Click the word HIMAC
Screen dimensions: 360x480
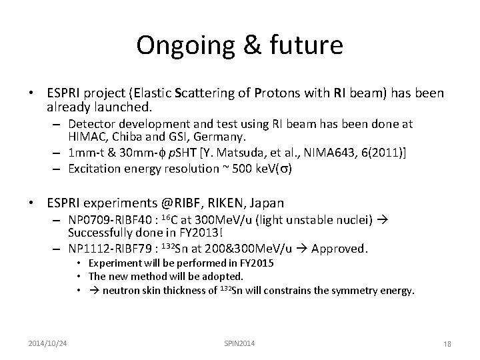tap(87, 137)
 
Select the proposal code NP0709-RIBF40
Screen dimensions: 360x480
tap(110, 219)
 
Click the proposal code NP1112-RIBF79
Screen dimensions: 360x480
tap(110, 249)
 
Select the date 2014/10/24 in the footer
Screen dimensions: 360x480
tap(49, 343)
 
